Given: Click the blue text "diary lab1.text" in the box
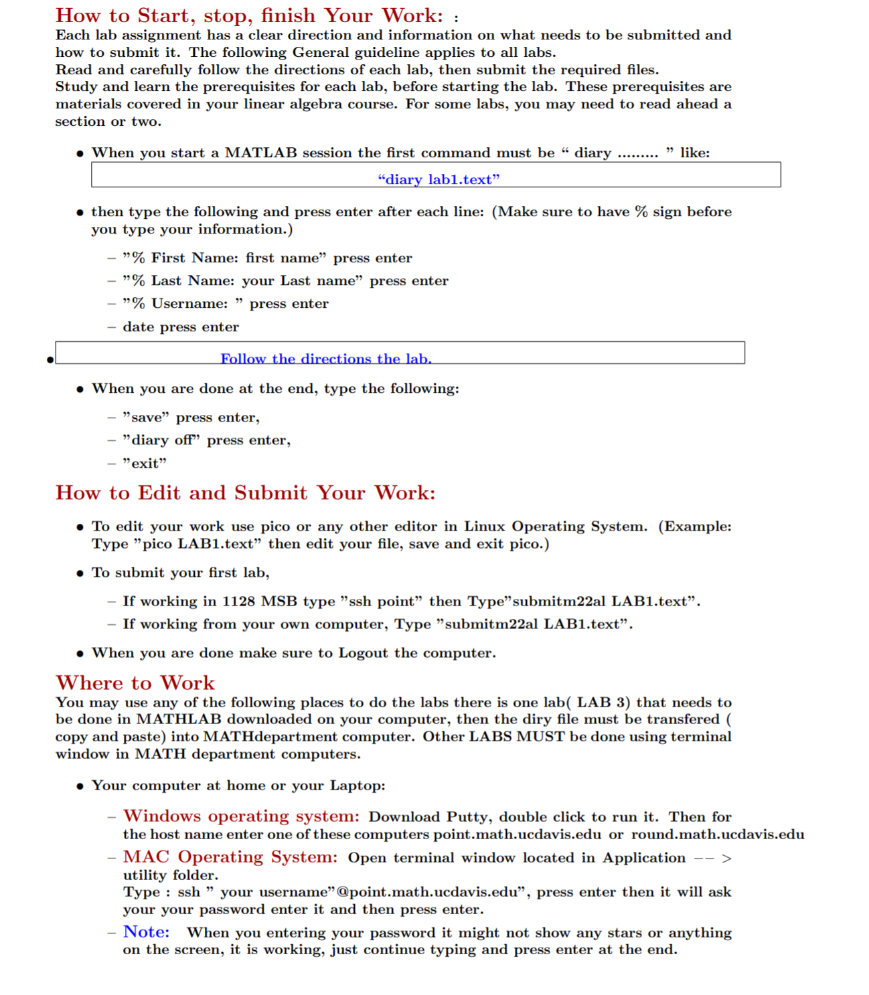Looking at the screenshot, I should pos(439,179).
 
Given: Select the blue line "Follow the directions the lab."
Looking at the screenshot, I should pos(326,359).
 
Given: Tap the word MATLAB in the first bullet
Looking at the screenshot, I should pos(260,153).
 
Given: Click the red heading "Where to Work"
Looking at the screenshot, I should pos(135,683).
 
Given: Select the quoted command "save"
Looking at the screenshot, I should pos(146,418).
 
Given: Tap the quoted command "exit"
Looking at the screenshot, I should pos(145,463).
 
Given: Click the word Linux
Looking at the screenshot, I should pos(485,527).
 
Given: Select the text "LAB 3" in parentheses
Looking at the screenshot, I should pos(603,703).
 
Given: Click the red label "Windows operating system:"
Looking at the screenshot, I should pos(241,816).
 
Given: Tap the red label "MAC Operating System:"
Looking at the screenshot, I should pos(230,857).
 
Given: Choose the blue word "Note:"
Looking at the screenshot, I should pos(146,932).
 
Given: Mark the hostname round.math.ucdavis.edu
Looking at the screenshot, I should pos(718,834).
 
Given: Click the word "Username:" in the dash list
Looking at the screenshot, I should pos(189,304).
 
